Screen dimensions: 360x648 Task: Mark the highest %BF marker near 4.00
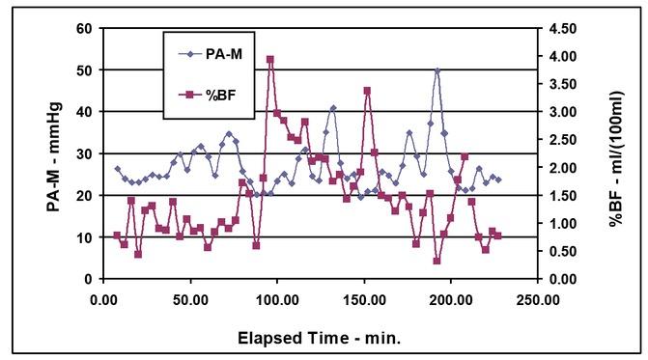pos(270,60)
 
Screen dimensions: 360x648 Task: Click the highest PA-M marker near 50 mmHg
pos(437,71)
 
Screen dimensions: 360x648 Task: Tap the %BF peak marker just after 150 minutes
pos(367,91)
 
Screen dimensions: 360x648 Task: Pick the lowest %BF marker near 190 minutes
pos(437,261)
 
